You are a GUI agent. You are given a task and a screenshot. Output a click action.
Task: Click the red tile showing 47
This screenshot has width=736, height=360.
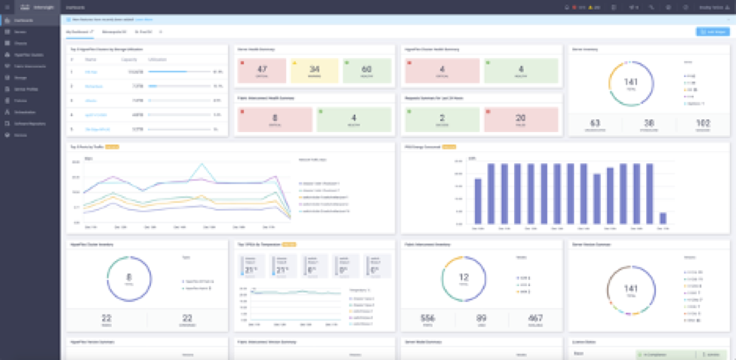coord(263,70)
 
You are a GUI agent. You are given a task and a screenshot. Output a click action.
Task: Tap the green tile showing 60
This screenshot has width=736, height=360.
coord(367,70)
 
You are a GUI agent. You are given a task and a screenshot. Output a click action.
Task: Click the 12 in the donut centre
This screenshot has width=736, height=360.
coord(464,276)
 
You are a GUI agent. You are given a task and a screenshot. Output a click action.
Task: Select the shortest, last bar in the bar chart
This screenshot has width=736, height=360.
coord(663,218)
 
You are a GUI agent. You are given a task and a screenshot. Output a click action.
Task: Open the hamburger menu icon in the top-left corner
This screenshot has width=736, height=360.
coord(6,6)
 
